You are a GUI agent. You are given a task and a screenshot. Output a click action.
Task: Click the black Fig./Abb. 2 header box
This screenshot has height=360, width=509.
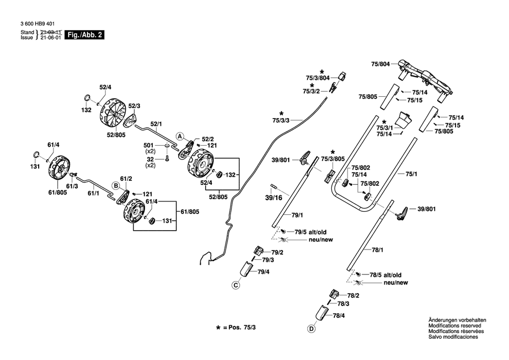click(84, 35)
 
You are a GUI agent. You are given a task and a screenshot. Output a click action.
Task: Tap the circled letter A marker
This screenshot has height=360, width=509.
click(180, 136)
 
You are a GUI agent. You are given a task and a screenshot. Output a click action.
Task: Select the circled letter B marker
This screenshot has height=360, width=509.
click(116, 186)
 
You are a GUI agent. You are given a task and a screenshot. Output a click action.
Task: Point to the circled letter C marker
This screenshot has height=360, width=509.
click(236, 285)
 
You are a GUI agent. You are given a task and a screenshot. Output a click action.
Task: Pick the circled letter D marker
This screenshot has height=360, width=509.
click(312, 329)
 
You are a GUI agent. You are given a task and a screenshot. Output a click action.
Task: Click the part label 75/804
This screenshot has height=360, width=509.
click(380, 64)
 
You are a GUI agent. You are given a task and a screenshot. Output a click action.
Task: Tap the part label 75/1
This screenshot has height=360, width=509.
click(411, 174)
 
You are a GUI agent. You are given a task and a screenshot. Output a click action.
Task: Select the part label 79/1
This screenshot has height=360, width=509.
click(297, 215)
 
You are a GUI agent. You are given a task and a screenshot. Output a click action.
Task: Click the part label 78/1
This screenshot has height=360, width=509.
click(378, 250)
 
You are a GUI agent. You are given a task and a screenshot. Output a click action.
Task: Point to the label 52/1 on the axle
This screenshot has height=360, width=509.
click(156, 124)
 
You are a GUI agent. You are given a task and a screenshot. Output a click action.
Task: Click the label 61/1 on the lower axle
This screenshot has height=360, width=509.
click(94, 193)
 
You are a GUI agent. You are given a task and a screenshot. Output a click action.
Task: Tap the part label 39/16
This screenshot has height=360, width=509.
click(274, 198)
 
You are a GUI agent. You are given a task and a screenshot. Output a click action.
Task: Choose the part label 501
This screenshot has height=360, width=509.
click(148, 146)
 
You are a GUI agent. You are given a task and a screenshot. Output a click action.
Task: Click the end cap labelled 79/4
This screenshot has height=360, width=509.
click(246, 269)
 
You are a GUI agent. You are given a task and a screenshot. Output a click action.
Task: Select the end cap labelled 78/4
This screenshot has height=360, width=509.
click(322, 313)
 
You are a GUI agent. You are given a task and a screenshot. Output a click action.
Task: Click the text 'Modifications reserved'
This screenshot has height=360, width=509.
click(455, 325)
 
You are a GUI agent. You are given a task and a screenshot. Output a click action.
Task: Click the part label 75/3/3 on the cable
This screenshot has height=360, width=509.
click(281, 121)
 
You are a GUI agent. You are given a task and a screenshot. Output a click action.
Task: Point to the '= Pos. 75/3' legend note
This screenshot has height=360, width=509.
click(239, 327)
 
